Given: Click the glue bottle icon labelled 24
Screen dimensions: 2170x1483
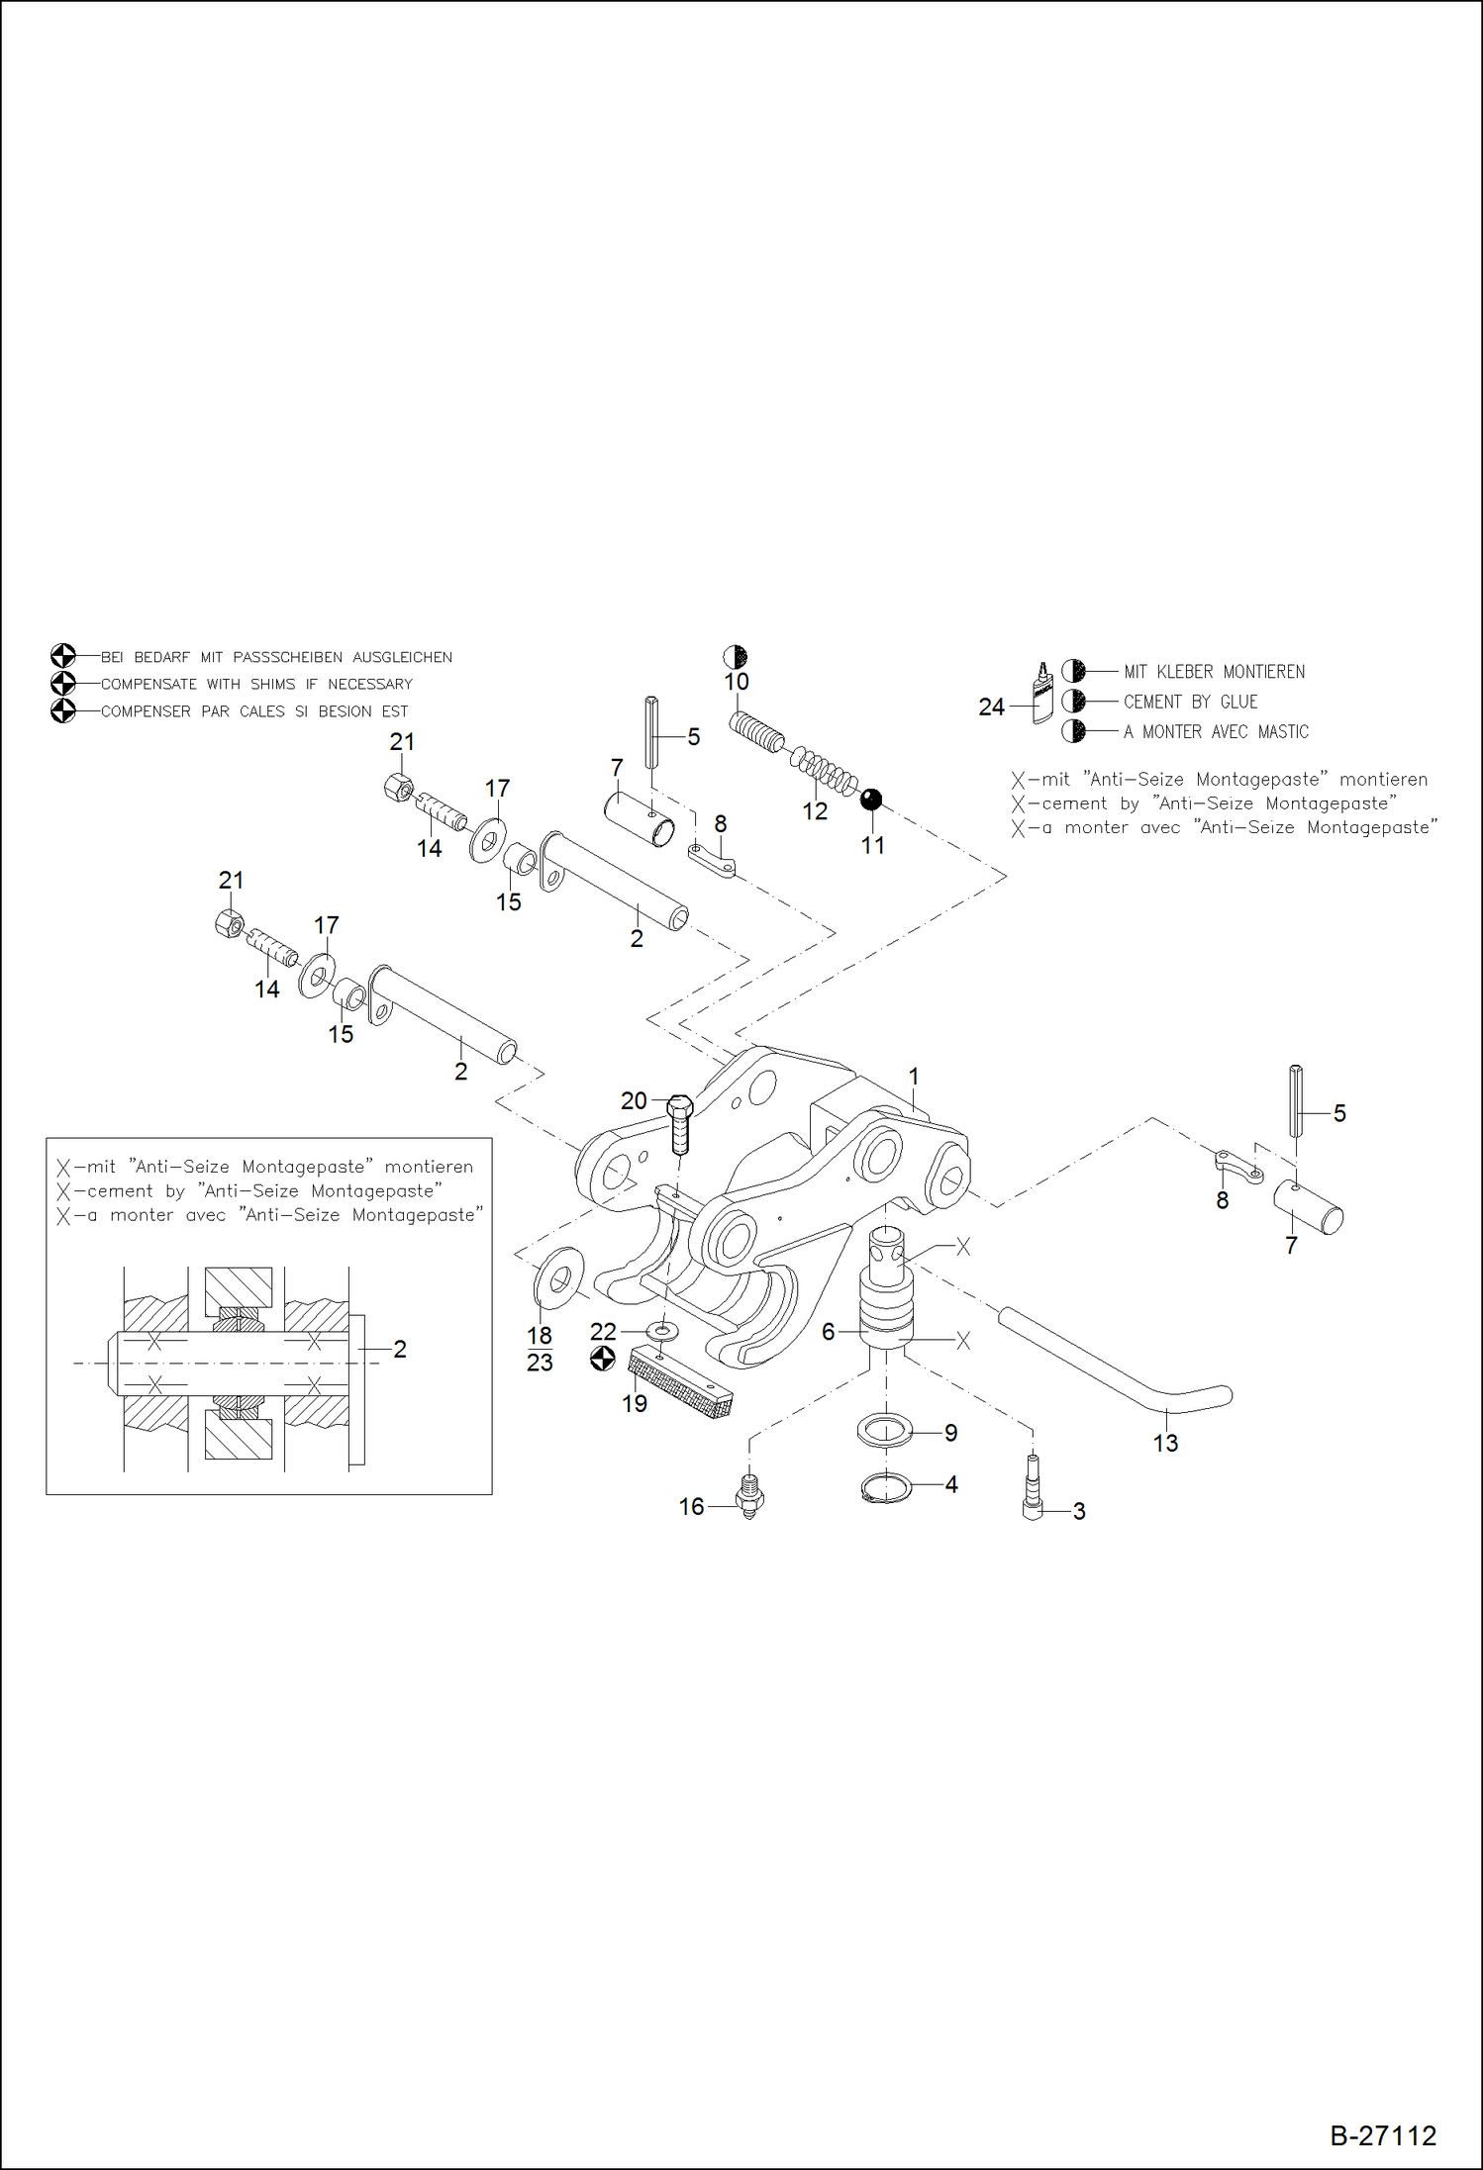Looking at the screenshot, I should [x=1042, y=695].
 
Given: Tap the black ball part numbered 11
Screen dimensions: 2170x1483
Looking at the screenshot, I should [x=871, y=800].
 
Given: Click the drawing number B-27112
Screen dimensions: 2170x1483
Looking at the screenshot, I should [x=1382, y=2135].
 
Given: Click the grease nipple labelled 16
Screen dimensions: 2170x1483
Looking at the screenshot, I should [x=750, y=1495].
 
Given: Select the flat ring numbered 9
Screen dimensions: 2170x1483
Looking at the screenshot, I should [x=883, y=1431].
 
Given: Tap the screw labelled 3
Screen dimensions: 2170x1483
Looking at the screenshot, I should [x=1033, y=1493].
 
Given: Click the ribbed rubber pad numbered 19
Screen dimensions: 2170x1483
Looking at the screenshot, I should [x=681, y=1383].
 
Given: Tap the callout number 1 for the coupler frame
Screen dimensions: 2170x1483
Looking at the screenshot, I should [x=914, y=1076].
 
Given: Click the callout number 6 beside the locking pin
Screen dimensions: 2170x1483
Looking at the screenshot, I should [x=829, y=1332].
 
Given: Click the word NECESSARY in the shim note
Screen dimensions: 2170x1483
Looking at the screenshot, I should [x=369, y=684].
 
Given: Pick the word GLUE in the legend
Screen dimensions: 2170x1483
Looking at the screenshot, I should [x=1238, y=702].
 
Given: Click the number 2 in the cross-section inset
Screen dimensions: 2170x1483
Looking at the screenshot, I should [x=400, y=1349].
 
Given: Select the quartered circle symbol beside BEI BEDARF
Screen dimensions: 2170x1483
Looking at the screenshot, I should [x=62, y=656].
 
